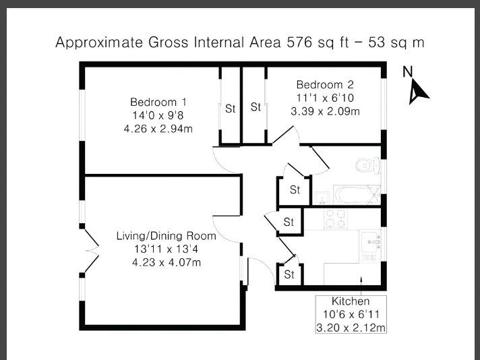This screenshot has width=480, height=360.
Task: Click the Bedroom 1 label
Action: tap(158, 102)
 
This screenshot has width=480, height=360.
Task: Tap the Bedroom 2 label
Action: tap(325, 84)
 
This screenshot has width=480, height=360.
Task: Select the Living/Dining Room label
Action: tap(167, 236)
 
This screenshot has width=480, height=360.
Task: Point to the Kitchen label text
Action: tap(351, 301)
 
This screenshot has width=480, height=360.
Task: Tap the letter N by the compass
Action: tap(408, 71)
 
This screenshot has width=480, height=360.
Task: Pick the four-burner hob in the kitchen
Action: tap(336, 219)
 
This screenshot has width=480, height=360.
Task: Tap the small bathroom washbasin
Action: tap(322, 198)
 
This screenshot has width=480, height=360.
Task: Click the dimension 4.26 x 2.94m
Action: tap(158, 129)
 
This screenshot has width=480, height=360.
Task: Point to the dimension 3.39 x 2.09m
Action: tap(325, 111)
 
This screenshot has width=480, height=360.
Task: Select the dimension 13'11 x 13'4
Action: tap(167, 249)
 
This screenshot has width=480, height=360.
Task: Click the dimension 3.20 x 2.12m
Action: tap(351, 328)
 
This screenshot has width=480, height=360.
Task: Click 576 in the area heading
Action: tap(299, 42)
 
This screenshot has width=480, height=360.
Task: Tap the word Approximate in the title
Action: tap(99, 42)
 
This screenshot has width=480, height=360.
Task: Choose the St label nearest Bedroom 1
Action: tap(230, 109)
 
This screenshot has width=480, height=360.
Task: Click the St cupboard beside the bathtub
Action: tap(295, 190)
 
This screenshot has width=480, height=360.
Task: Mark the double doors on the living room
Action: tap(92, 251)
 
